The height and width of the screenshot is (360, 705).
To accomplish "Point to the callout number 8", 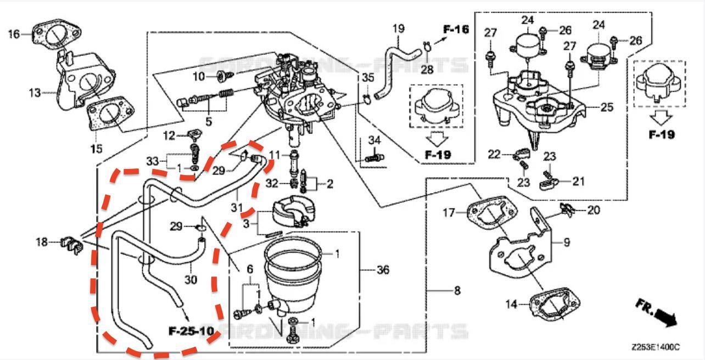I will click(457, 291).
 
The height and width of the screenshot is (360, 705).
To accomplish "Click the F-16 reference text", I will click(456, 29).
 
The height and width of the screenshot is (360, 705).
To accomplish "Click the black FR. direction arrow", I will click(665, 317).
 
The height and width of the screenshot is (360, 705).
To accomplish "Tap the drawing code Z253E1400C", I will click(655, 347).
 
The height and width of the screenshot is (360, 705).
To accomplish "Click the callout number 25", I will click(606, 108).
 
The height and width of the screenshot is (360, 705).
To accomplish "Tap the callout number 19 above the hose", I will click(399, 28).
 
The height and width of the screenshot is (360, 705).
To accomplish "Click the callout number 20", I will click(593, 210).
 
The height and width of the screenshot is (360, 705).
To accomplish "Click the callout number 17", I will click(449, 211).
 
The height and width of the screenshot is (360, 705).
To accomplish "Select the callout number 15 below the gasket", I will click(97, 148).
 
